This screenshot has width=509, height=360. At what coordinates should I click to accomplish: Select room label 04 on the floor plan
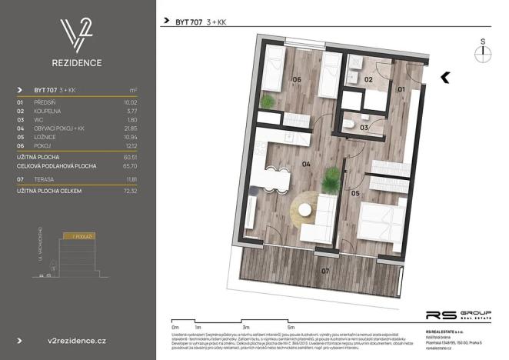tap(305, 164)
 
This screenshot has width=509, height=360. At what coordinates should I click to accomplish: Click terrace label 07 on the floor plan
tap(324, 272)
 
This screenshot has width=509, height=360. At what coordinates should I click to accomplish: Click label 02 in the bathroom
tap(368, 78)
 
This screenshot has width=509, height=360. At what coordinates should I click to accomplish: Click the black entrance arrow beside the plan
tap(446, 75)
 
